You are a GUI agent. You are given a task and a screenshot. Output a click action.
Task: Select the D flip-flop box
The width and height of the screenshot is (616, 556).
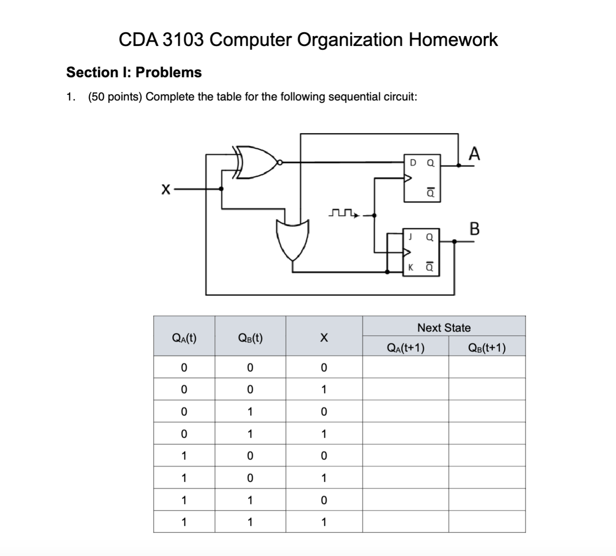click(422, 178)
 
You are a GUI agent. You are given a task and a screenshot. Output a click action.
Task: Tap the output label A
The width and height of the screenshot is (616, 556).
click(474, 154)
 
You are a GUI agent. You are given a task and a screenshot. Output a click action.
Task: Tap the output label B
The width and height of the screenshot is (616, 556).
click(474, 229)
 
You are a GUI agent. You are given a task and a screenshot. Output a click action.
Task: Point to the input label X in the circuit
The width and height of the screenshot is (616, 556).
click(165, 190)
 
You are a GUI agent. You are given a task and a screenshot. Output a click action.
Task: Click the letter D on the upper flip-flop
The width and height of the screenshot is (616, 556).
click(413, 163)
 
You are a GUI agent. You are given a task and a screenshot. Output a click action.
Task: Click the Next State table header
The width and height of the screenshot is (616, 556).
click(444, 328)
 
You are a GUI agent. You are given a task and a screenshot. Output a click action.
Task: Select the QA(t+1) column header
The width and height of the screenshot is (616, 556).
click(405, 348)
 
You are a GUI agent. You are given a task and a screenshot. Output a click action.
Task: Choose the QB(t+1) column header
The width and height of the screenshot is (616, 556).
click(486, 348)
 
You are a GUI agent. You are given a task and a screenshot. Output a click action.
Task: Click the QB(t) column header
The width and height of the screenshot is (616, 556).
click(250, 338)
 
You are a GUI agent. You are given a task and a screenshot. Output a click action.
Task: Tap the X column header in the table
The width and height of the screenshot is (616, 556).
click(323, 338)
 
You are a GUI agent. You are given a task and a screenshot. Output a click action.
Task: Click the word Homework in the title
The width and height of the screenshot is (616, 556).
click(453, 40)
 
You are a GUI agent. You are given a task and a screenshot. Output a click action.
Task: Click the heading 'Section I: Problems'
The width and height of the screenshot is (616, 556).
click(134, 72)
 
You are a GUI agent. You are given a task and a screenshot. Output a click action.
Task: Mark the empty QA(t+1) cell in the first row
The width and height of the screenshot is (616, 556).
click(405, 367)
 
